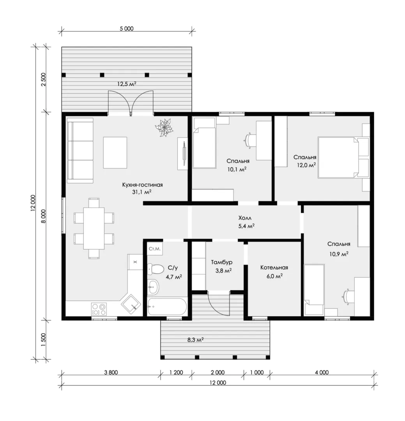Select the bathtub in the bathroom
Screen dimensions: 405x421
tap(167, 306)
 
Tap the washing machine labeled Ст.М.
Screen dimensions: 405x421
tap(155, 249)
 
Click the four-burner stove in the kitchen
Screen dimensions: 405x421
tap(99, 309)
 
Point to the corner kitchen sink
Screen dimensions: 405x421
tap(131, 304)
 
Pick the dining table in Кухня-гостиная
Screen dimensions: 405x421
tap(94, 228)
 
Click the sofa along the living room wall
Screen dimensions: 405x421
tap(80, 150)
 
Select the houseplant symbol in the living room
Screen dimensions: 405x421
tap(163, 128)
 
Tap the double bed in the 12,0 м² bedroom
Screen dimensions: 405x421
tap(339, 157)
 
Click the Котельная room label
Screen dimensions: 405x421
tap(274, 267)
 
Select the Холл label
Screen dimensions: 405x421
tap(245, 218)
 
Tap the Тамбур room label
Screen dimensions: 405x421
tap(221, 262)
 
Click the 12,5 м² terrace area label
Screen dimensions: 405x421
tap(127, 84)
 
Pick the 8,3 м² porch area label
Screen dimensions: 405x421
tap(195, 340)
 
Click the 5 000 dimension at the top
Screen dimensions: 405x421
tap(127, 28)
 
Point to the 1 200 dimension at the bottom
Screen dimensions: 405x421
tap(176, 372)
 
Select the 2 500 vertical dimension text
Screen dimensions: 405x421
tap(44, 80)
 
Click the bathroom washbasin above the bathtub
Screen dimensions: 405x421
tap(153, 287)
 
